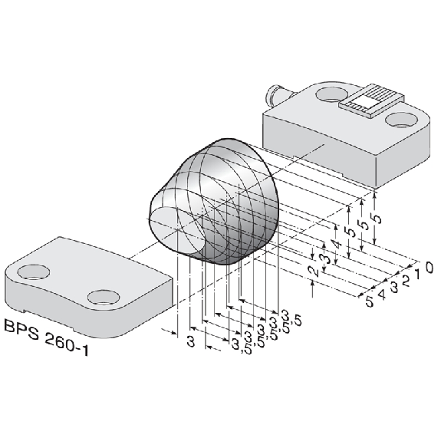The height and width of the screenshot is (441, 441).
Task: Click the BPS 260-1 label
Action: pyautogui.click(x=47, y=337)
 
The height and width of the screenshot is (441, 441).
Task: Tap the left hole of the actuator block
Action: pyautogui.click(x=34, y=272)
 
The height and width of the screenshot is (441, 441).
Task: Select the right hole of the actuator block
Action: pyautogui.click(x=104, y=298)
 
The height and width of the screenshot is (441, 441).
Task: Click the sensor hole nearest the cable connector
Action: pyautogui.click(x=332, y=94)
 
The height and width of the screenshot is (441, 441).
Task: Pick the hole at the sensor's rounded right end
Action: pyautogui.click(x=401, y=120)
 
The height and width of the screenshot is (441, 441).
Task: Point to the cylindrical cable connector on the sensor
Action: pyautogui.click(x=277, y=94)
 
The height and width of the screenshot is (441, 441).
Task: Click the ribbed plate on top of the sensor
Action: pyautogui.click(x=372, y=100)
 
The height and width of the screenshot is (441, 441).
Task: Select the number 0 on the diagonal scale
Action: pyautogui.click(x=429, y=267)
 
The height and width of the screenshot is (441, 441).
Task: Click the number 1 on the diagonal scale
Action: pyautogui.click(x=417, y=274)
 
